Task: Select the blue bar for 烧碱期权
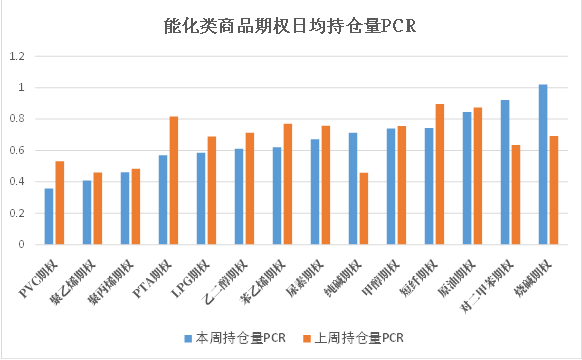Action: (543, 164)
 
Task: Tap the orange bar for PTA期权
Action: (173, 180)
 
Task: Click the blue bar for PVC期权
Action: (49, 216)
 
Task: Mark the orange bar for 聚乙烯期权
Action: (97, 208)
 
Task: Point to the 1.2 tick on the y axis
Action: (16, 57)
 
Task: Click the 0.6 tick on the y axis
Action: (16, 150)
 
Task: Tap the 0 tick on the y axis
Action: (20, 244)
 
